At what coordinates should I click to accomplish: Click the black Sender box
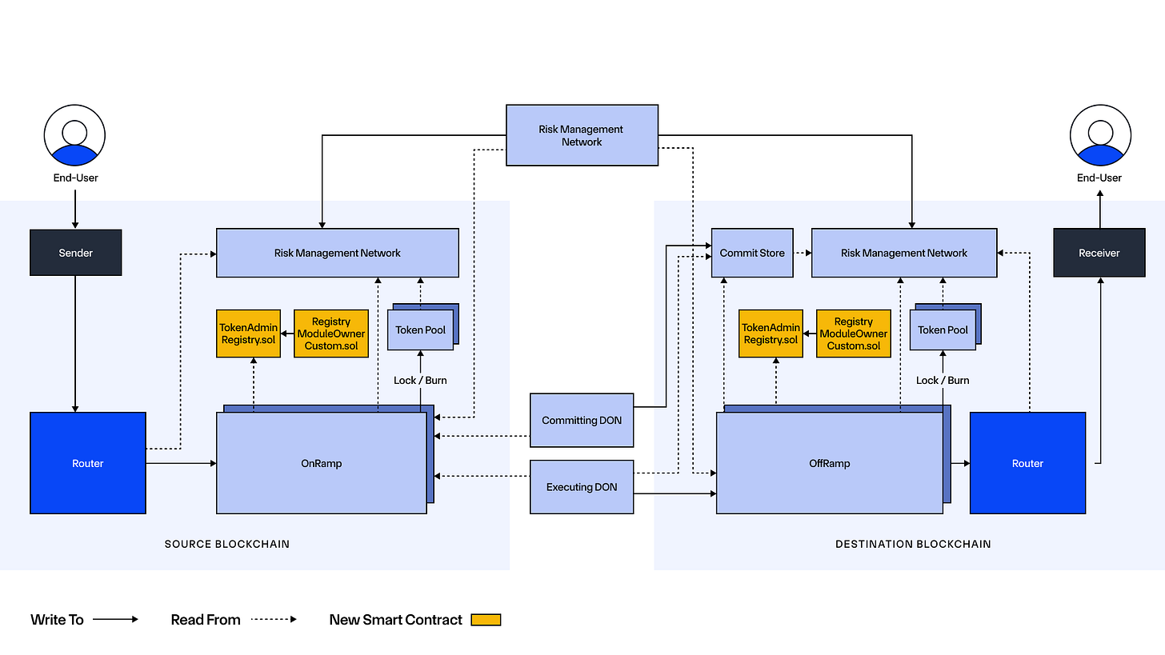(x=76, y=253)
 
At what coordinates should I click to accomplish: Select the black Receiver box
(x=1099, y=253)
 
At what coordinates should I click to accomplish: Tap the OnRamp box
(x=321, y=463)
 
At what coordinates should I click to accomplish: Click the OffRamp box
(x=829, y=463)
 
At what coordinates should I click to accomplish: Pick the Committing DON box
(x=582, y=420)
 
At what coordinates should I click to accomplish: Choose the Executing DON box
(x=582, y=486)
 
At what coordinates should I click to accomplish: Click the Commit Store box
(x=752, y=253)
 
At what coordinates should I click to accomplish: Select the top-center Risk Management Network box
(x=582, y=135)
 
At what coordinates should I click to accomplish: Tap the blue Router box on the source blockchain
(x=88, y=463)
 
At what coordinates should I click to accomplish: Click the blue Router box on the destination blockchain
(x=1027, y=463)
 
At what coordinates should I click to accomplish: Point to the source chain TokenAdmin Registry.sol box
(x=249, y=333)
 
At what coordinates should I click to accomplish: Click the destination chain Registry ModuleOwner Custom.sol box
(x=853, y=333)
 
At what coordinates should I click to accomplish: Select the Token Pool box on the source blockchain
(x=420, y=329)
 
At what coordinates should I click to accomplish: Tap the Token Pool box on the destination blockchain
(x=943, y=329)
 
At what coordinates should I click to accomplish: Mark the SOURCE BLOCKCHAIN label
(x=227, y=544)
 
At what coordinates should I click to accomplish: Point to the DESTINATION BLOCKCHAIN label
(x=913, y=544)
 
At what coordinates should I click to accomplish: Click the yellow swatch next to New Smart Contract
(x=486, y=620)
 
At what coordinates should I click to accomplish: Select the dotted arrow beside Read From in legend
(x=274, y=620)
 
